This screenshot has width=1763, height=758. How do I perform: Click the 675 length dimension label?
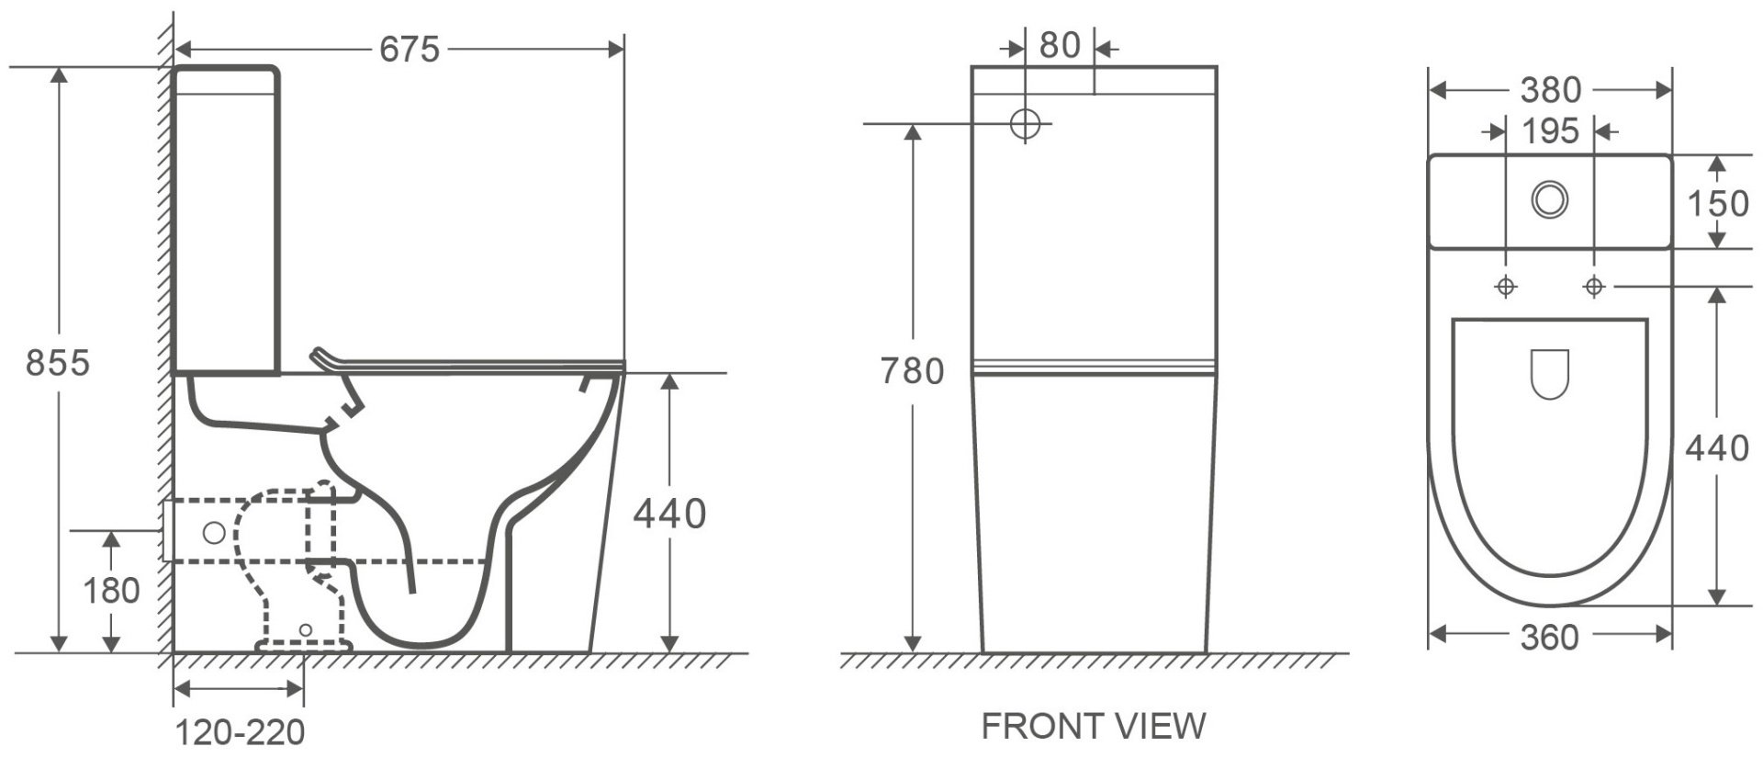point(410,50)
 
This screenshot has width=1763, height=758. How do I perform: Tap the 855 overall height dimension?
point(58,364)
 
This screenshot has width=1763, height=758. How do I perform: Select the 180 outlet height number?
point(111,591)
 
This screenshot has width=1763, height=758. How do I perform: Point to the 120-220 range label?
point(240,733)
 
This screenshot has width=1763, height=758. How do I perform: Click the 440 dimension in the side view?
point(669,515)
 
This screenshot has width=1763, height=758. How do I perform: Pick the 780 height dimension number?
point(912,371)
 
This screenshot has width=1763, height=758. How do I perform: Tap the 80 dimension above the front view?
point(1060,45)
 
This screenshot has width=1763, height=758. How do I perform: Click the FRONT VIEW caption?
point(1093,727)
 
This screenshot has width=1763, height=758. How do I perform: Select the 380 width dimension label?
point(1550,90)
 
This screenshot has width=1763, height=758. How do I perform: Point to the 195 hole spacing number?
point(1550,131)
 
